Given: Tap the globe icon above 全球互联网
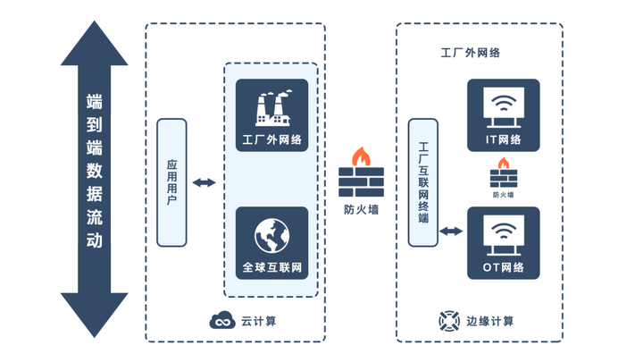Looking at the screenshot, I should point(272,234).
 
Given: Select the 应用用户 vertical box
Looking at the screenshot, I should point(171,182).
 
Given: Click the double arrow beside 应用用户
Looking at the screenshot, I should point(205,182).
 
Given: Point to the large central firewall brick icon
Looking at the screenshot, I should point(362,175).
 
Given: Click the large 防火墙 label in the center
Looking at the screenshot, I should point(362,211).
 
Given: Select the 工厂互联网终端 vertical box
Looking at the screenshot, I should point(423,182).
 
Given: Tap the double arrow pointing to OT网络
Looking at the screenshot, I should point(451,232).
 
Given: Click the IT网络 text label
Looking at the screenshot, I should point(503,140).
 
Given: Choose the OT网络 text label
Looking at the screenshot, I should point(503,267).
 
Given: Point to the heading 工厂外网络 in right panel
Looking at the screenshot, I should point(470,53).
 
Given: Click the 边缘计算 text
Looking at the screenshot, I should point(489,321).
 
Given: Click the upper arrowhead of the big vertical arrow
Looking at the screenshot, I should point(95,45).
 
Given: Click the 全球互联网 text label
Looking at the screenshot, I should point(272,267).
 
